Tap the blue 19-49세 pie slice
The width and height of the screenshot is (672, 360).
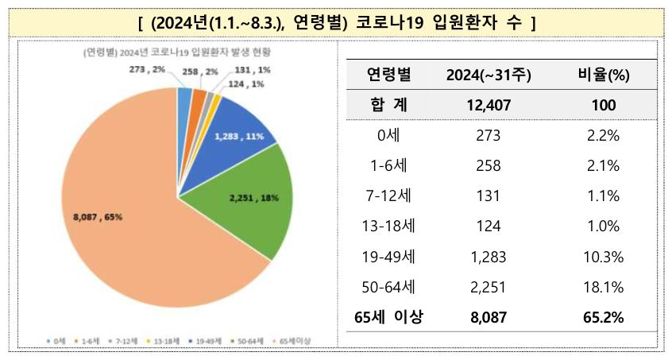pos(238,131)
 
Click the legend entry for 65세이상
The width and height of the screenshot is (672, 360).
pos(293,341)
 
